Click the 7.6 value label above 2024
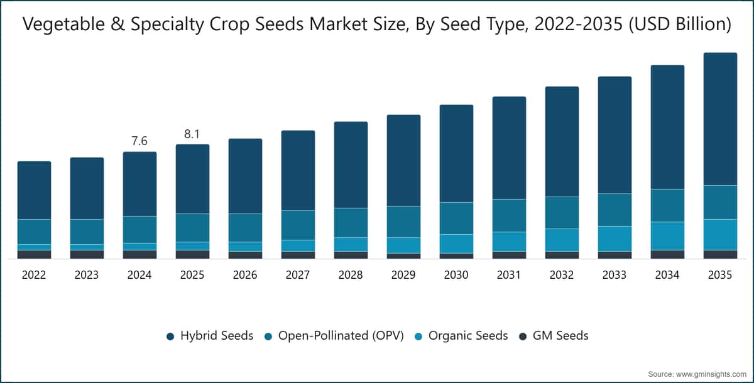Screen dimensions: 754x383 pyautogui.click(x=139, y=141)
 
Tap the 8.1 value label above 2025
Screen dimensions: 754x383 pyautogui.click(x=192, y=134)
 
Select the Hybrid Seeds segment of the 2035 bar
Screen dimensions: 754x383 pyautogui.click(x=720, y=119)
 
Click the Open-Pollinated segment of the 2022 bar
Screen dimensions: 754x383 pyautogui.click(x=35, y=232)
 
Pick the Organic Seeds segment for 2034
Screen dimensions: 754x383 pyautogui.click(x=667, y=236)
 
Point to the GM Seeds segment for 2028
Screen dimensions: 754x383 pyautogui.click(x=351, y=255)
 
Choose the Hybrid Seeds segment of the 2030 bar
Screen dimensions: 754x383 pyautogui.click(x=456, y=154)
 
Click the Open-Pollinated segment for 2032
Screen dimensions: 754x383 pyautogui.click(x=562, y=213)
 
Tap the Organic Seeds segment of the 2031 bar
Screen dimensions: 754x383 pyautogui.click(x=510, y=242)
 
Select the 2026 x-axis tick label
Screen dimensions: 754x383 pyautogui.click(x=245, y=275)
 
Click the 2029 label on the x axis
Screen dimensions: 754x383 pyautogui.click(x=403, y=275)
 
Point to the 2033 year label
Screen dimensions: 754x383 pyautogui.click(x=615, y=275)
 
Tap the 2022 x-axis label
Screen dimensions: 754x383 pyautogui.click(x=34, y=275)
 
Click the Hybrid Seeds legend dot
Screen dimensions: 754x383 pyautogui.click(x=170, y=337)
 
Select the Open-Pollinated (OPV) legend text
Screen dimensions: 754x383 pyautogui.click(x=341, y=335)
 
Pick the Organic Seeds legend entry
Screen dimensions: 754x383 pyautogui.click(x=461, y=335)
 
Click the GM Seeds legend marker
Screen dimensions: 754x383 pyautogui.click(x=523, y=337)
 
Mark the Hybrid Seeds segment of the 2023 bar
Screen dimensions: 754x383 pyautogui.click(x=87, y=188)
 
